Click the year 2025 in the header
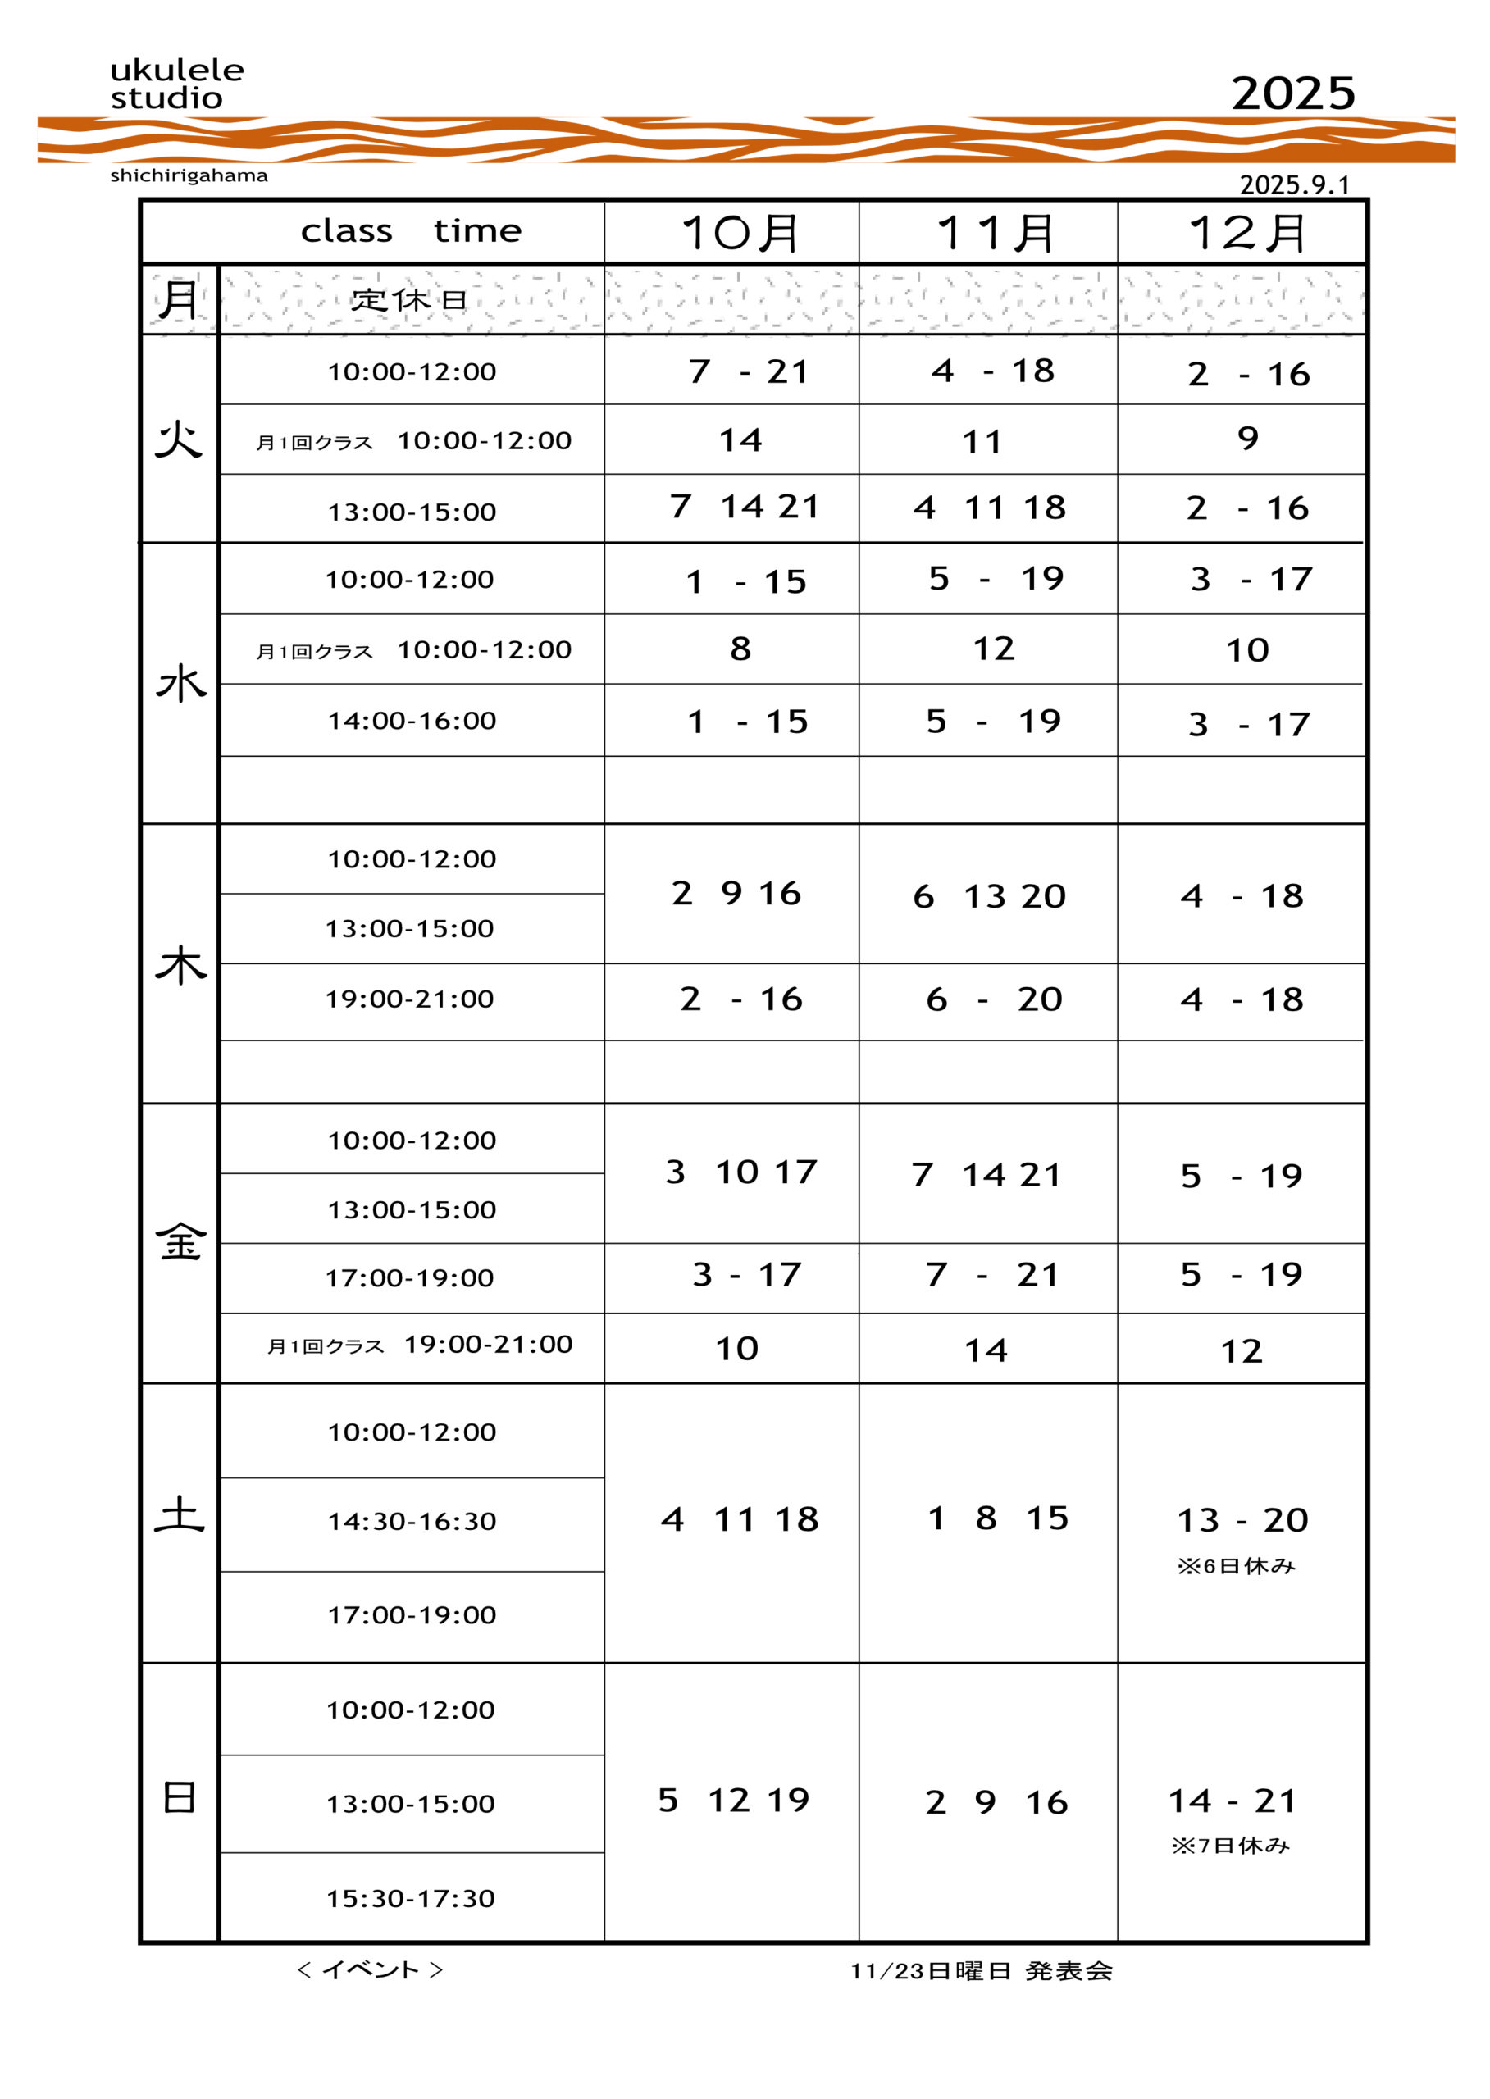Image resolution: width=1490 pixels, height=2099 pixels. click(x=1292, y=93)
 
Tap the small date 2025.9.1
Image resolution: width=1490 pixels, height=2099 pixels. click(x=1295, y=184)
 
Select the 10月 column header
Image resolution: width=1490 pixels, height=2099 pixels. click(x=740, y=233)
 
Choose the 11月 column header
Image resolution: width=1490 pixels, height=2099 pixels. click(x=996, y=233)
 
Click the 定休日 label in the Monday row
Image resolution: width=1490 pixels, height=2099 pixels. click(x=409, y=300)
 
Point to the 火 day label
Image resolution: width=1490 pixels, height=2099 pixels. click(x=179, y=439)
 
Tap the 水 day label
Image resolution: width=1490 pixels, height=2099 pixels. click(x=180, y=685)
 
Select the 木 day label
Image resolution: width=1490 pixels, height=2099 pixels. click(x=180, y=966)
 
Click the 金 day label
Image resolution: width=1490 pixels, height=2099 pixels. click(x=180, y=1243)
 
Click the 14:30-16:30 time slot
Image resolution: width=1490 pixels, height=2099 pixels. click(x=412, y=1522)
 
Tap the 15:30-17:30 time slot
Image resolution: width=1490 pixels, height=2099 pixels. click(x=410, y=1898)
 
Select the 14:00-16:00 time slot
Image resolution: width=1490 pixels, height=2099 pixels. click(x=412, y=721)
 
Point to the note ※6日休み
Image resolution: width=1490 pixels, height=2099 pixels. click(x=1236, y=1566)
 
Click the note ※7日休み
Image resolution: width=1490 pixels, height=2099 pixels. click(x=1230, y=1845)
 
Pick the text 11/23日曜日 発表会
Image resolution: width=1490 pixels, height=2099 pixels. click(x=981, y=1970)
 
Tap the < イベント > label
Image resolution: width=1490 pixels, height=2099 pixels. click(x=371, y=1969)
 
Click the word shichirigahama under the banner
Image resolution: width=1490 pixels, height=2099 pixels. click(x=189, y=175)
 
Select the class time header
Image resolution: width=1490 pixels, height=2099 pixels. click(x=411, y=231)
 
